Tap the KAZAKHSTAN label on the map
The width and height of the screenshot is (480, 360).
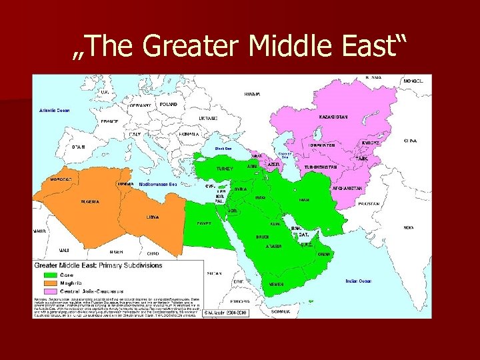(x=333, y=117)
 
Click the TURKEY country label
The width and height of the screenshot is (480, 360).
(x=225, y=169)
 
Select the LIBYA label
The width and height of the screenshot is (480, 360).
(x=153, y=217)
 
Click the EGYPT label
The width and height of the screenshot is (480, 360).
(x=204, y=223)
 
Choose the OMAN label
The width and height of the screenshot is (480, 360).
(x=323, y=254)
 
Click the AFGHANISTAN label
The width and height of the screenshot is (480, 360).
(x=347, y=189)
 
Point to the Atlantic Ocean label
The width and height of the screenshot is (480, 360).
(x=54, y=110)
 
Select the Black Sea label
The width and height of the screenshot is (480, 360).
(x=223, y=148)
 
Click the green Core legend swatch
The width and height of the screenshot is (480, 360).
(x=50, y=273)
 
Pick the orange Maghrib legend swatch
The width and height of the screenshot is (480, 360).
(x=50, y=282)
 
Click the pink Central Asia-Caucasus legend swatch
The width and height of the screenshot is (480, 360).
(x=50, y=291)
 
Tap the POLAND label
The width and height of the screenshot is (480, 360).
(x=169, y=105)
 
